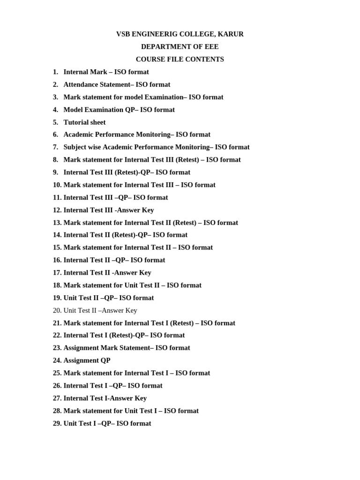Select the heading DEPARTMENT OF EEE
coord(180,47)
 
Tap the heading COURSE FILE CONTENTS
coord(180,60)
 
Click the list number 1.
coord(55,72)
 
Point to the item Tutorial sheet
coord(84,122)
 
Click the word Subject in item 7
coord(75,147)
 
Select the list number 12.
coord(57,210)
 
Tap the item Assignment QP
coord(87,360)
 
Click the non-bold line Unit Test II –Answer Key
coord(100,310)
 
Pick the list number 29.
coord(57,423)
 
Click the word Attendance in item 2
coord(82,85)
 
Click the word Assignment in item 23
coord(81,348)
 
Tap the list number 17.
coord(57,272)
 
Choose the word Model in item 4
coord(73,110)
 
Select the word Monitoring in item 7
coord(188,147)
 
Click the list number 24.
coord(57,360)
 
